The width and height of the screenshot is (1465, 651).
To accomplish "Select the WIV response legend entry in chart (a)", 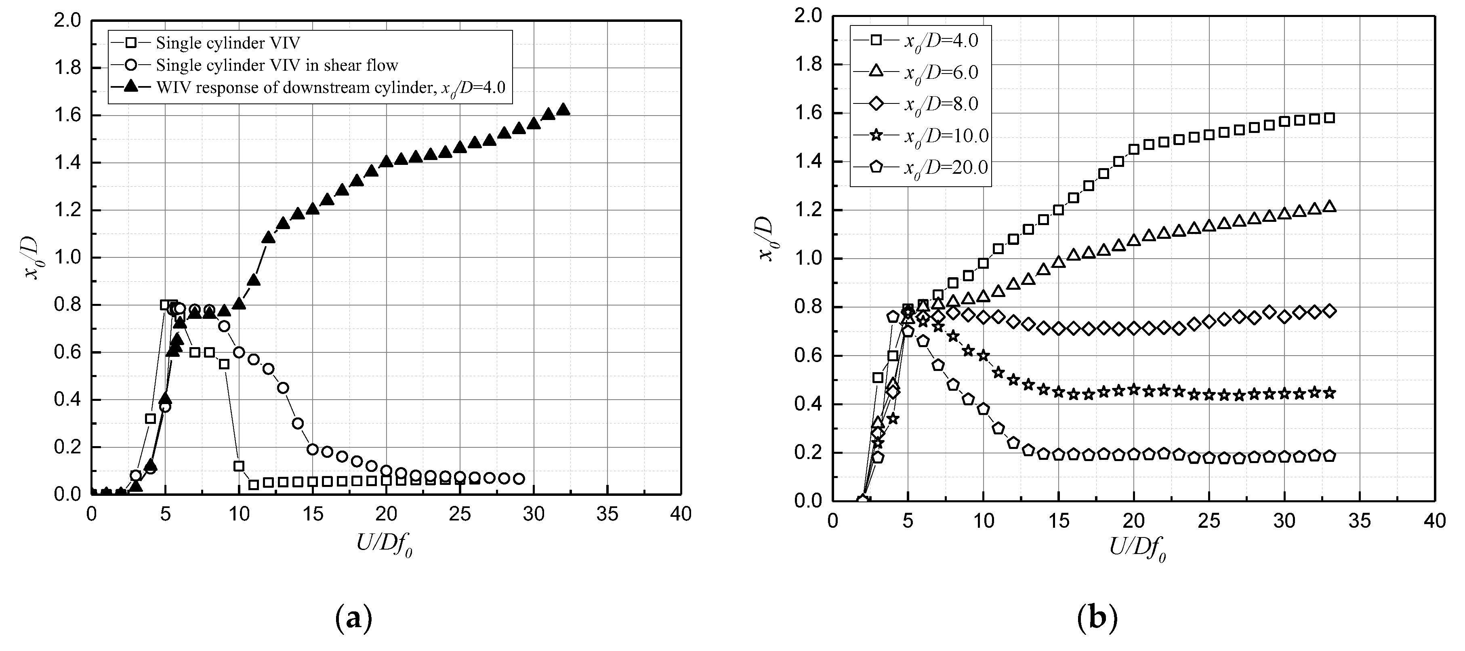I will (330, 88).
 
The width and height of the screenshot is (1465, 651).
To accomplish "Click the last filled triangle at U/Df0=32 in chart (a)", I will (563, 110).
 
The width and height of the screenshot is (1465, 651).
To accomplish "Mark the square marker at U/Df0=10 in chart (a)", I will (239, 466).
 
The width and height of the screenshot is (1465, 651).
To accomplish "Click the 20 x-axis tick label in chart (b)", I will (1133, 521).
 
